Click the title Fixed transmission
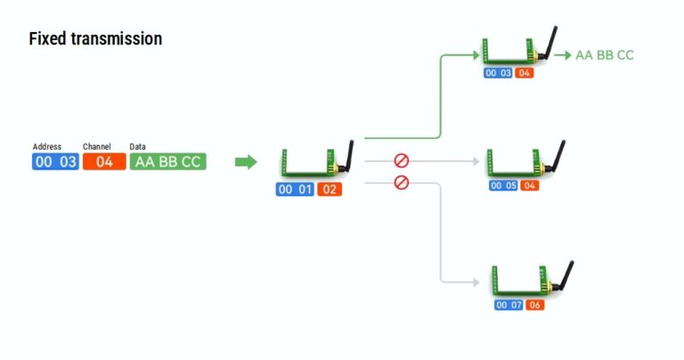pos(95,39)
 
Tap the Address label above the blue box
pos(47,146)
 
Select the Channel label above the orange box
pos(97,146)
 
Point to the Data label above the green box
pos(138,146)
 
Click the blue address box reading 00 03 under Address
pos(55,161)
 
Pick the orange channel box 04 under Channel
pos(104,161)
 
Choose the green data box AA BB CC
pos(167,161)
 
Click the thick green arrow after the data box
pos(246,161)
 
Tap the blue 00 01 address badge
pos(296,189)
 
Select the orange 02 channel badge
pos(329,189)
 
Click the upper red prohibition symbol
pos(401,160)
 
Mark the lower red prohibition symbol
pos(401,183)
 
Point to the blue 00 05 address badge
pos(504,185)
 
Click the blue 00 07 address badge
pos(509,306)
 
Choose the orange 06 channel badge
pos(534,306)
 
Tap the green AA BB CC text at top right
pos(605,55)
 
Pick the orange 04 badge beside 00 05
pos(529,185)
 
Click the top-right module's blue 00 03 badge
pos(499,72)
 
